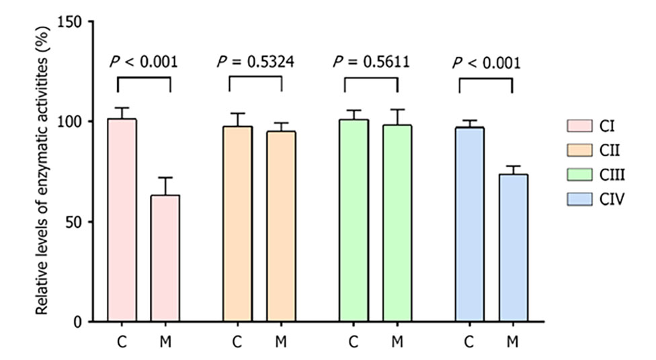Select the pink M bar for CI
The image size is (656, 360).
click(x=165, y=259)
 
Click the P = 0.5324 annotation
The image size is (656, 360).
click(x=255, y=62)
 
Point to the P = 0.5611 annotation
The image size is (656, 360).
click(x=371, y=62)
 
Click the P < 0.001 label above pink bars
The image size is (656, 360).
click(x=143, y=62)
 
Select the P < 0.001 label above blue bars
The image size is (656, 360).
click(x=486, y=62)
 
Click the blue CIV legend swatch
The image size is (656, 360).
click(x=575, y=199)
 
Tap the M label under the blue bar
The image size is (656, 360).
click(x=513, y=342)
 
